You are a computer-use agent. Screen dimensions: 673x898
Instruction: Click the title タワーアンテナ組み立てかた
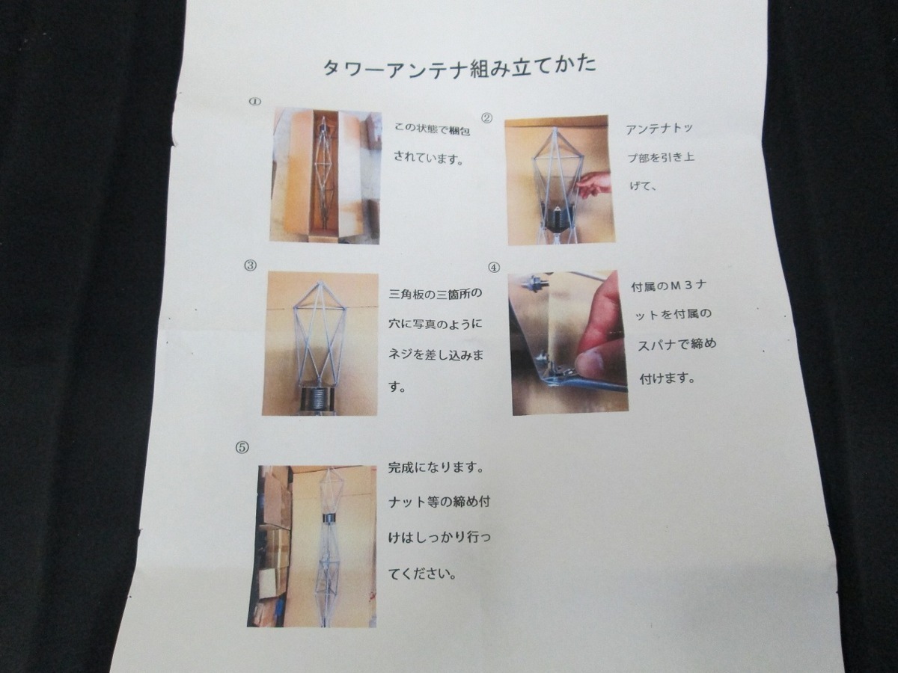point(459,67)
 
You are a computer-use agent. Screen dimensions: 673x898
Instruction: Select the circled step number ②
point(487,117)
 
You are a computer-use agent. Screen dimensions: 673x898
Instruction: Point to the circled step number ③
point(250,265)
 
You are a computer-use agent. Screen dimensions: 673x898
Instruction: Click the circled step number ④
point(493,266)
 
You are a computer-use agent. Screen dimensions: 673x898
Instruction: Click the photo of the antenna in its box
point(326,174)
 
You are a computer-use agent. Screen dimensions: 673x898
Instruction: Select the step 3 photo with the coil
point(320,342)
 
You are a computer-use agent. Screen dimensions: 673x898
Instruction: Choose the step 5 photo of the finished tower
point(312,545)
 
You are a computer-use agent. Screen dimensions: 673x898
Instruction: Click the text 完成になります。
point(436,468)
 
